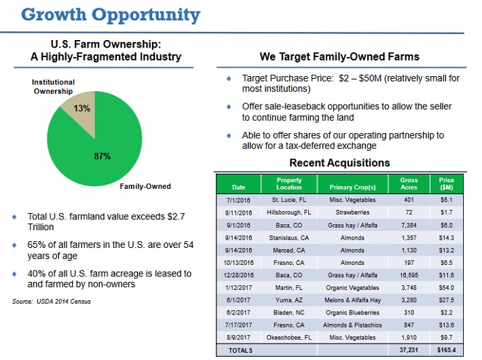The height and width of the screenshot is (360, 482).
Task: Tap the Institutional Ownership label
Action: (54, 87)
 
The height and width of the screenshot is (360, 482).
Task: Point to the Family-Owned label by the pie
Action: (145, 186)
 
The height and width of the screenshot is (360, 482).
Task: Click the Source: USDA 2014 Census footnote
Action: (52, 301)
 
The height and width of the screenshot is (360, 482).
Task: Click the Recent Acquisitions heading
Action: (339, 163)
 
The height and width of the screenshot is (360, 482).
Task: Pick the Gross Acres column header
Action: (409, 183)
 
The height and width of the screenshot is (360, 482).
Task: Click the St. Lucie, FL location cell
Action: (289, 200)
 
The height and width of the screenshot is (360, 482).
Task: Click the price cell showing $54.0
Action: (446, 289)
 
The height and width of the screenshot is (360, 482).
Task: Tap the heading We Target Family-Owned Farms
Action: (339, 56)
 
